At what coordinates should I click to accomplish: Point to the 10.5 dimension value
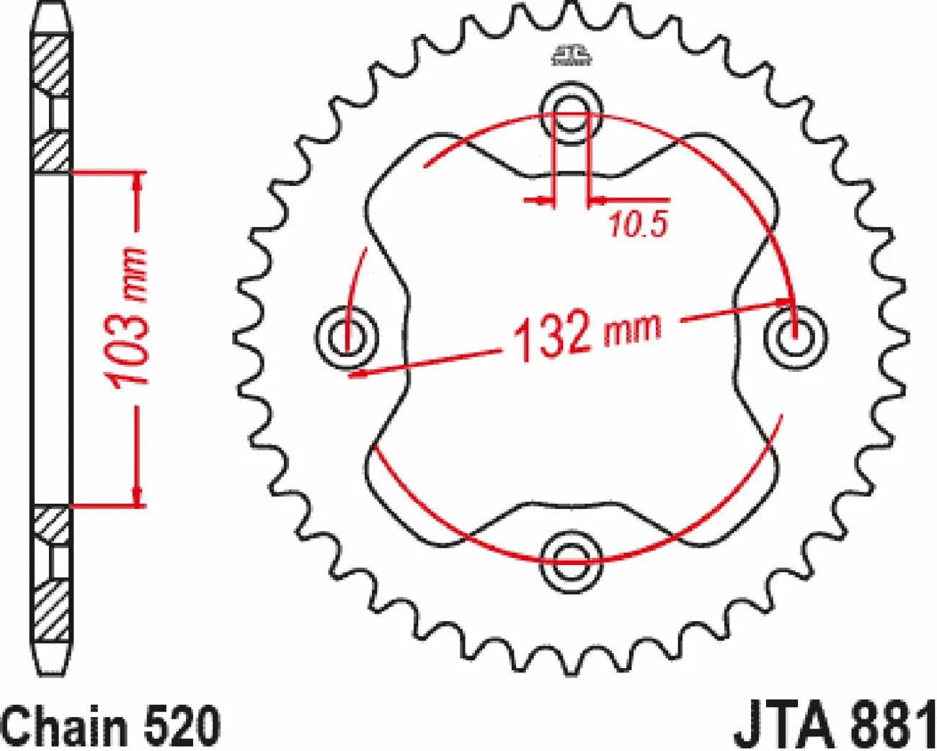point(638,225)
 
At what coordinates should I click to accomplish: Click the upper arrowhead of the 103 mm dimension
point(137,182)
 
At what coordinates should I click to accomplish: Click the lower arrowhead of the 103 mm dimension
point(137,496)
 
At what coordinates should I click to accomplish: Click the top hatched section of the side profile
point(53,65)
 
